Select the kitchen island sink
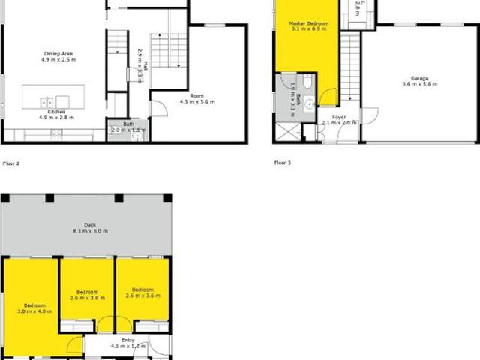click(x=46, y=100)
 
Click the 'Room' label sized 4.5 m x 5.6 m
click(x=196, y=95)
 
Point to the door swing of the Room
click(x=159, y=108)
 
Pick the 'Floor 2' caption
click(x=10, y=163)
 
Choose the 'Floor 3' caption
click(x=283, y=163)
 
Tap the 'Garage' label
click(x=419, y=77)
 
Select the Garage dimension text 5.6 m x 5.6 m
click(x=419, y=84)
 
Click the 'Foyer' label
click(x=340, y=117)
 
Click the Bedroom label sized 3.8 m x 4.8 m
click(x=34, y=305)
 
